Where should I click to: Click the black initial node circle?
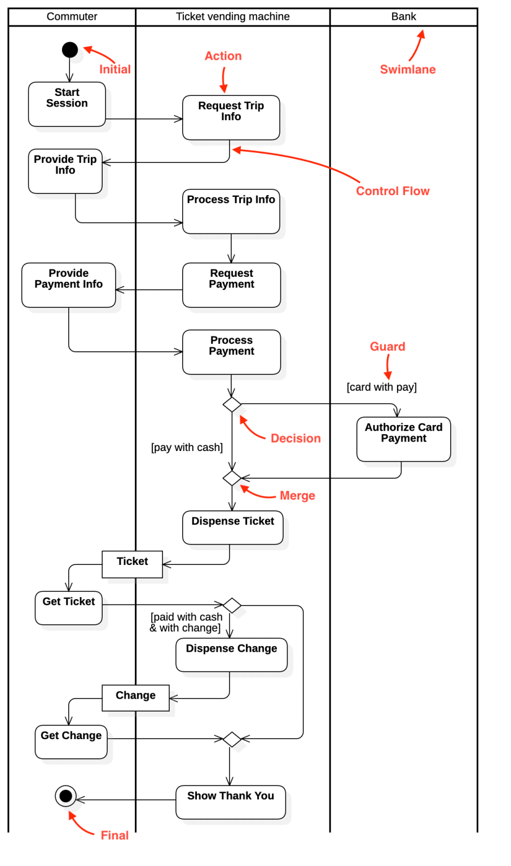pyautogui.click(x=70, y=50)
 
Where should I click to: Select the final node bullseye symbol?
pyautogui.click(x=66, y=796)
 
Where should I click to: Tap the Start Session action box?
pyautogui.click(x=67, y=104)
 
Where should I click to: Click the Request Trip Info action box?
pyautogui.click(x=231, y=117)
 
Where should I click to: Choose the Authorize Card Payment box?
pyautogui.click(x=404, y=439)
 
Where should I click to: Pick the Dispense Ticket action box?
pyautogui.click(x=233, y=528)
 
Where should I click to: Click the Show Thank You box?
pyautogui.click(x=231, y=802)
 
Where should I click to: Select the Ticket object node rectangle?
pyautogui.click(x=133, y=564)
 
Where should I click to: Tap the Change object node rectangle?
pyautogui.click(x=136, y=698)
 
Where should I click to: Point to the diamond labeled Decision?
pyautogui.click(x=232, y=404)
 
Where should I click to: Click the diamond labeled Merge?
pyautogui.click(x=232, y=478)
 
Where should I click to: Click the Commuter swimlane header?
pyautogui.click(x=72, y=17)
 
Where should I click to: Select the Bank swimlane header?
pyautogui.click(x=404, y=17)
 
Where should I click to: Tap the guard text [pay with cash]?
pyautogui.click(x=187, y=448)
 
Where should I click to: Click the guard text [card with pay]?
pyautogui.click(x=382, y=387)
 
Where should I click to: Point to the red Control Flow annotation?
pyautogui.click(x=393, y=191)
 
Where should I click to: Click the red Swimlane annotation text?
pyautogui.click(x=408, y=69)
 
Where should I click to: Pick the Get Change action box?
pyautogui.click(x=71, y=741)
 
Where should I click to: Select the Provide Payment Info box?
pyautogui.click(x=69, y=285)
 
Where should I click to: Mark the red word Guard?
pyautogui.click(x=387, y=347)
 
